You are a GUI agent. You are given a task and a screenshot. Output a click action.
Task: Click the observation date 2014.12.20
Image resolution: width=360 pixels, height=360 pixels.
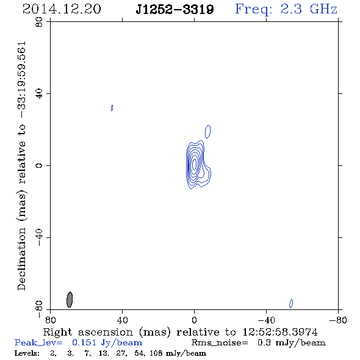(x=62, y=9)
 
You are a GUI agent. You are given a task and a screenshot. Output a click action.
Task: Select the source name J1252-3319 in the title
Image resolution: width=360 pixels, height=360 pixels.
(x=175, y=9)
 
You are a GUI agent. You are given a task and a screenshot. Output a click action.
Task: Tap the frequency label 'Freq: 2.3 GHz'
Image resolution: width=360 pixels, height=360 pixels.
(x=286, y=9)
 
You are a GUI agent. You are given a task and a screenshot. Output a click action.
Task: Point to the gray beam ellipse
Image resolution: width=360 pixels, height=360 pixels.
(x=70, y=300)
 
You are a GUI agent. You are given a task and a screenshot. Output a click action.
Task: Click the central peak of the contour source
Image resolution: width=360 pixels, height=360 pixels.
(x=195, y=164)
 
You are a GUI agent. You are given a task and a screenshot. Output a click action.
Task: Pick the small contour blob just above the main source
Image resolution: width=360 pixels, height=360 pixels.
(x=208, y=132)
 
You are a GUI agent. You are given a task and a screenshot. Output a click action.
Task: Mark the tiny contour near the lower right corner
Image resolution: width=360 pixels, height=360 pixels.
(x=291, y=303)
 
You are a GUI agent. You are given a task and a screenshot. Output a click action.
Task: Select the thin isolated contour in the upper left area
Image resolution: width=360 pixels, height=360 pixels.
(x=112, y=108)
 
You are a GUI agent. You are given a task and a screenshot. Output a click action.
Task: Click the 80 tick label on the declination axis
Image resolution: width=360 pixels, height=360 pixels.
(x=39, y=22)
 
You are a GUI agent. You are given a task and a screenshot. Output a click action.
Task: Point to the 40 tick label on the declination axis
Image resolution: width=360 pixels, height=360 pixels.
(x=39, y=94)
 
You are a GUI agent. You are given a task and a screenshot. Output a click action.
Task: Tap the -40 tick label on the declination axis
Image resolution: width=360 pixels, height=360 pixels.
(x=39, y=237)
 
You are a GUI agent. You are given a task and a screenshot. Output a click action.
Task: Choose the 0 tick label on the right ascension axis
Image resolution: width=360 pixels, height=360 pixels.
(x=194, y=320)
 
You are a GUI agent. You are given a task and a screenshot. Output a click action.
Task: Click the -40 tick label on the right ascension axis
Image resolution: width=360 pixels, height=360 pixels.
(x=266, y=320)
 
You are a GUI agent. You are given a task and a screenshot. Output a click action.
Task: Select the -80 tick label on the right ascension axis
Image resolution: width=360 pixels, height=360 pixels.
(x=338, y=320)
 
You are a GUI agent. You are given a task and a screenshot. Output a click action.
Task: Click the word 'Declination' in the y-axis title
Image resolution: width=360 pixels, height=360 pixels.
(x=21, y=259)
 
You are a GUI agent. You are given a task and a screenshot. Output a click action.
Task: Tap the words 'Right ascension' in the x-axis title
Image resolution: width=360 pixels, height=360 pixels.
(x=88, y=332)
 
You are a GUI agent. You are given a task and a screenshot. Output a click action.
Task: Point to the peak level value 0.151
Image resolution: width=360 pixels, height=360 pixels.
(x=84, y=343)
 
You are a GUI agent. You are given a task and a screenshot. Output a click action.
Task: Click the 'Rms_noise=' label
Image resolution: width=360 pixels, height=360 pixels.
(x=220, y=343)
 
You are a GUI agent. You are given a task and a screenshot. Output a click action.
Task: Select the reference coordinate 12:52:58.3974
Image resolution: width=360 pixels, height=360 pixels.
(x=280, y=332)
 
